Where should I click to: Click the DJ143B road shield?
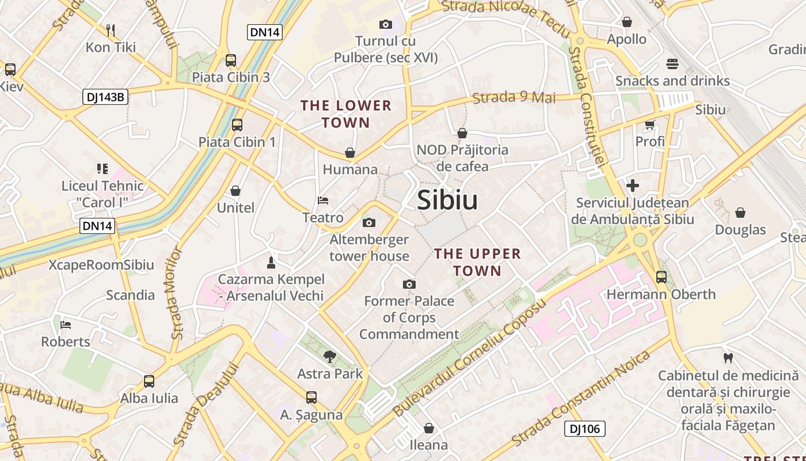[105, 97]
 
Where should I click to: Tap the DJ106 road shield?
[584, 429]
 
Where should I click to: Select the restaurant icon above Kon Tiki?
[111, 30]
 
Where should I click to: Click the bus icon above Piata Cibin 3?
[231, 60]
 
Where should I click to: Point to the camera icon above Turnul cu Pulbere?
[386, 24]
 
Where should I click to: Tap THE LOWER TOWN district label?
[346, 114]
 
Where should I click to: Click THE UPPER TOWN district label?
[477, 262]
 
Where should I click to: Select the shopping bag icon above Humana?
[350, 153]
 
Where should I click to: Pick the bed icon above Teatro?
[323, 201]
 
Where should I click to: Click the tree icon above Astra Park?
[330, 357]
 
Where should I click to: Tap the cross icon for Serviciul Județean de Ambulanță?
[633, 186]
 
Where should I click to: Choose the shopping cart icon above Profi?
[650, 124]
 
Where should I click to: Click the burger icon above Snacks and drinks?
[672, 64]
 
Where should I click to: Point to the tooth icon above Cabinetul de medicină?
[728, 358]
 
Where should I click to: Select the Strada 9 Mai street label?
[514, 97]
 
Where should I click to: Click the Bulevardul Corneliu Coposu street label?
[469, 357]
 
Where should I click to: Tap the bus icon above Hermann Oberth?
[661, 277]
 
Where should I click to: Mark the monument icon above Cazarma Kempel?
[271, 263]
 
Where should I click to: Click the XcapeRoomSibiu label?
[101, 265]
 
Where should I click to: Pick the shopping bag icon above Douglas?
[740, 213]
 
